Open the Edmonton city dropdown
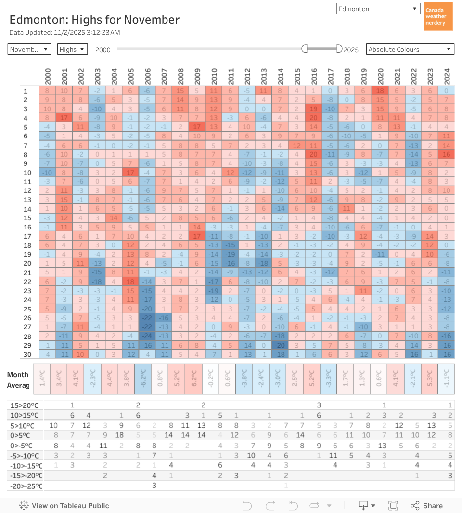[x=378, y=9]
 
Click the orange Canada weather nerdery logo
[x=438, y=16]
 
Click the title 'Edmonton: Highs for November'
[x=94, y=20]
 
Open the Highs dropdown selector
[x=72, y=49]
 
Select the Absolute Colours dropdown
[x=410, y=49]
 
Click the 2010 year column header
[x=214, y=76]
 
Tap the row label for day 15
[x=27, y=218]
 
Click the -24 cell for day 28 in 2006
[x=147, y=336]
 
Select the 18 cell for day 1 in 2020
[x=380, y=91]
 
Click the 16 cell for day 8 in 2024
[x=447, y=154]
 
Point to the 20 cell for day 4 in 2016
[x=314, y=118]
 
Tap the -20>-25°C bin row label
[x=26, y=486]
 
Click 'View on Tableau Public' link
[x=64, y=505]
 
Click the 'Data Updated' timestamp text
[x=64, y=32]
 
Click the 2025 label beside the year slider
[x=351, y=49]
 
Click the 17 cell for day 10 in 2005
[x=130, y=173]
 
